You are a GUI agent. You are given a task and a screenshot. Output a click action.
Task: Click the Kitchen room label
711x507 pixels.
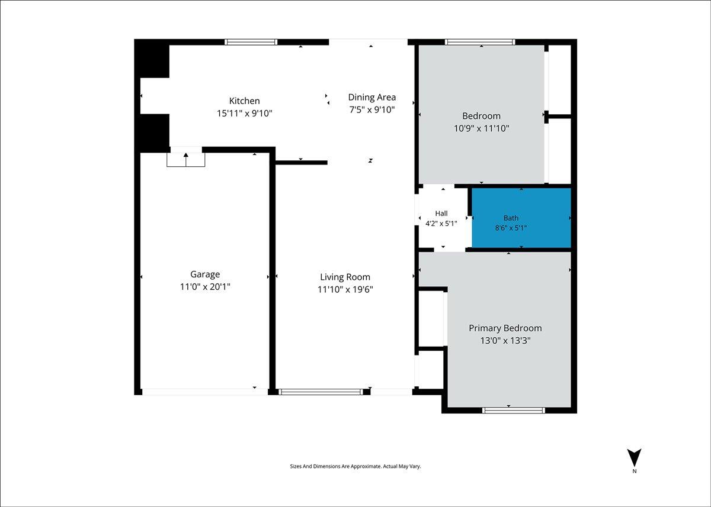(x=244, y=101)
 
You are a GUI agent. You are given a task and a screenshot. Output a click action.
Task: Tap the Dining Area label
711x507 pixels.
(x=372, y=98)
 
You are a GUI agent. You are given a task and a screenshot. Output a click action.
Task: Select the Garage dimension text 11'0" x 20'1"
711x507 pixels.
(x=205, y=287)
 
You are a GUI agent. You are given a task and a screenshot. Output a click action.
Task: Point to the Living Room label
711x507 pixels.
(x=345, y=277)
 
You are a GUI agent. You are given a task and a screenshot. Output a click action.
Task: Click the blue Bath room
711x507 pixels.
(x=521, y=218)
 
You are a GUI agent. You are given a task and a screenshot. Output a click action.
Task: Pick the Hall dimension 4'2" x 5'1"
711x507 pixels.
(x=441, y=224)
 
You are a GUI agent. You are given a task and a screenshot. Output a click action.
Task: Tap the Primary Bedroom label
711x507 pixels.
(x=505, y=328)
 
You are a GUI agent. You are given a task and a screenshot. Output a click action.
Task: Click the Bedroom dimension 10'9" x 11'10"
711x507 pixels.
(x=482, y=128)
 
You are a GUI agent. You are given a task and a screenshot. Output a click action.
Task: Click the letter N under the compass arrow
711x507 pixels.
(x=635, y=471)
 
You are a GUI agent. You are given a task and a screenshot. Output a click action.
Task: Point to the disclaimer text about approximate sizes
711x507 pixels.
(x=355, y=466)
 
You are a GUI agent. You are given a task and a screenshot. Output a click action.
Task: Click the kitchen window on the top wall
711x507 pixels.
(x=251, y=42)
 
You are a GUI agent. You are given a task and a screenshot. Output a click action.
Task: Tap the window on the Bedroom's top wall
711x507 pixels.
(x=480, y=42)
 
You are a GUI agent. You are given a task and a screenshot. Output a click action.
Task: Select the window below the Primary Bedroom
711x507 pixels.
(x=514, y=411)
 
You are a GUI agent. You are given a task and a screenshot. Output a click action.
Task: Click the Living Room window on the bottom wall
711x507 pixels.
(x=321, y=392)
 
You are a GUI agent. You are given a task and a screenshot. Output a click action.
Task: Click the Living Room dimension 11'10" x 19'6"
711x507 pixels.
(x=345, y=290)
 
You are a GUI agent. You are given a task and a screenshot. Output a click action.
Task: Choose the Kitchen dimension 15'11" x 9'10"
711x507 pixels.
(x=244, y=114)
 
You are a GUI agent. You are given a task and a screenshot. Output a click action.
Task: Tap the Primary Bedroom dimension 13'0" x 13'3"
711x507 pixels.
(x=505, y=341)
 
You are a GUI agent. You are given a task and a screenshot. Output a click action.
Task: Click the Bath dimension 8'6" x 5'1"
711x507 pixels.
(x=511, y=228)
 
